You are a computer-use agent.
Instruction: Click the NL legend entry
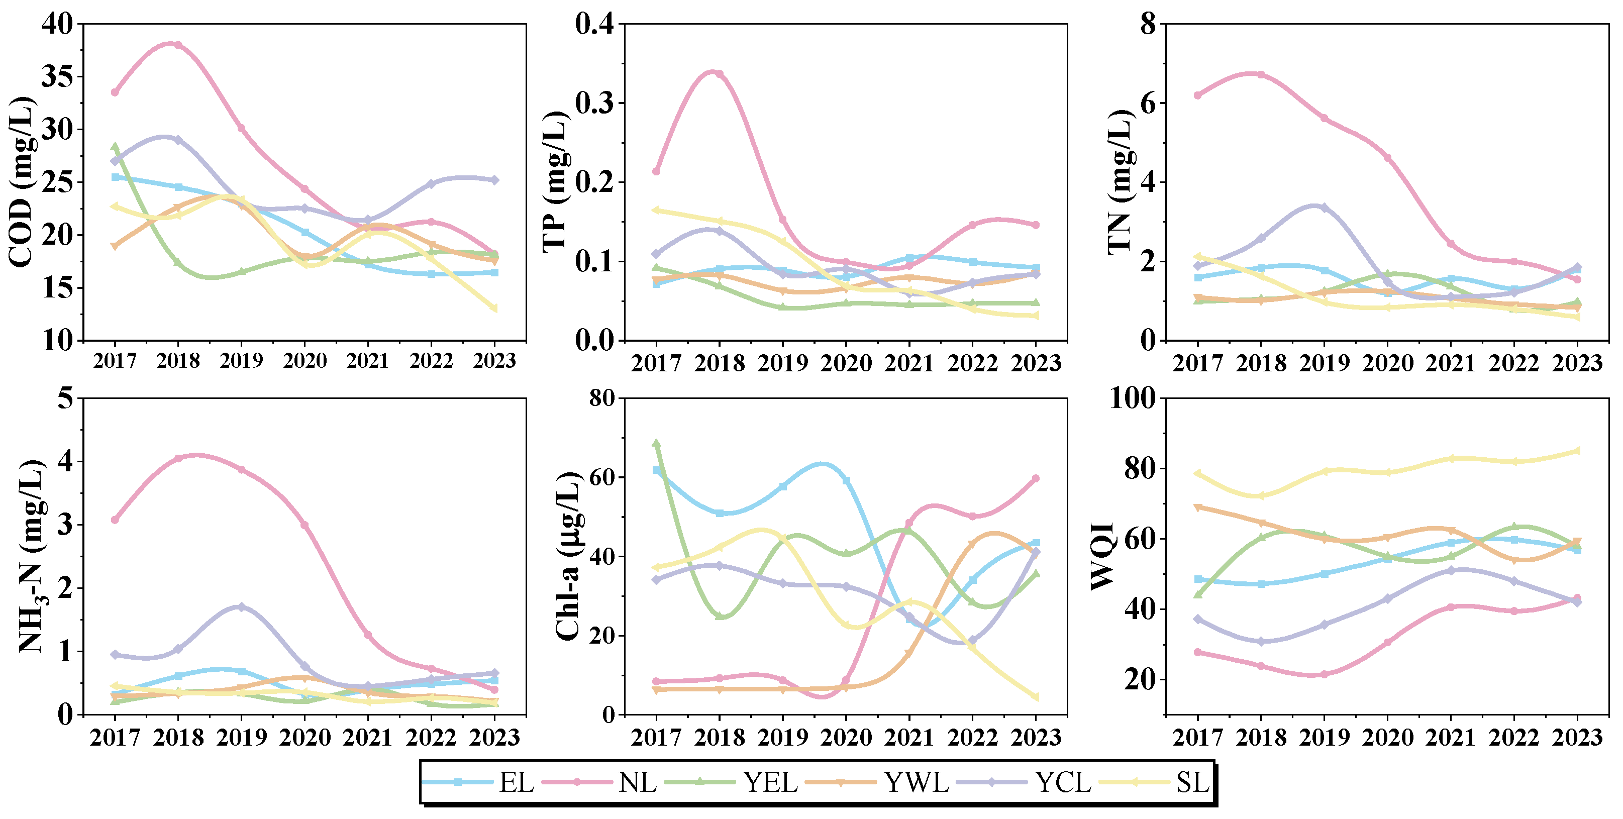(x=637, y=783)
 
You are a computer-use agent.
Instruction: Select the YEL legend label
(x=770, y=783)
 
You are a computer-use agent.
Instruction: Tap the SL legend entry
(x=1192, y=783)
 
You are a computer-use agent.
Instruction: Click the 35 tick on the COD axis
(x=57, y=77)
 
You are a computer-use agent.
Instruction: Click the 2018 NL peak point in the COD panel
(x=178, y=45)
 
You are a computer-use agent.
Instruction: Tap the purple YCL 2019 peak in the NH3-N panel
(x=241, y=606)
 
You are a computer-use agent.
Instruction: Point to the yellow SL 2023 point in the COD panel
(x=494, y=308)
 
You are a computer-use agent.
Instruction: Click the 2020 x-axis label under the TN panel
(x=1387, y=363)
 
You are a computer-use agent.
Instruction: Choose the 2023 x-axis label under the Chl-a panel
(x=1036, y=737)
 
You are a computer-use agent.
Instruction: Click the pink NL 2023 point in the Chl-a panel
(x=1036, y=478)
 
